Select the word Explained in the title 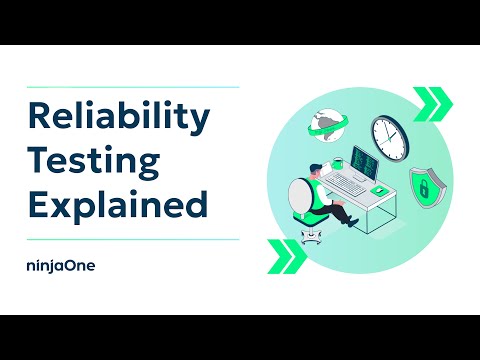117,205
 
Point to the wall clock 391,134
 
